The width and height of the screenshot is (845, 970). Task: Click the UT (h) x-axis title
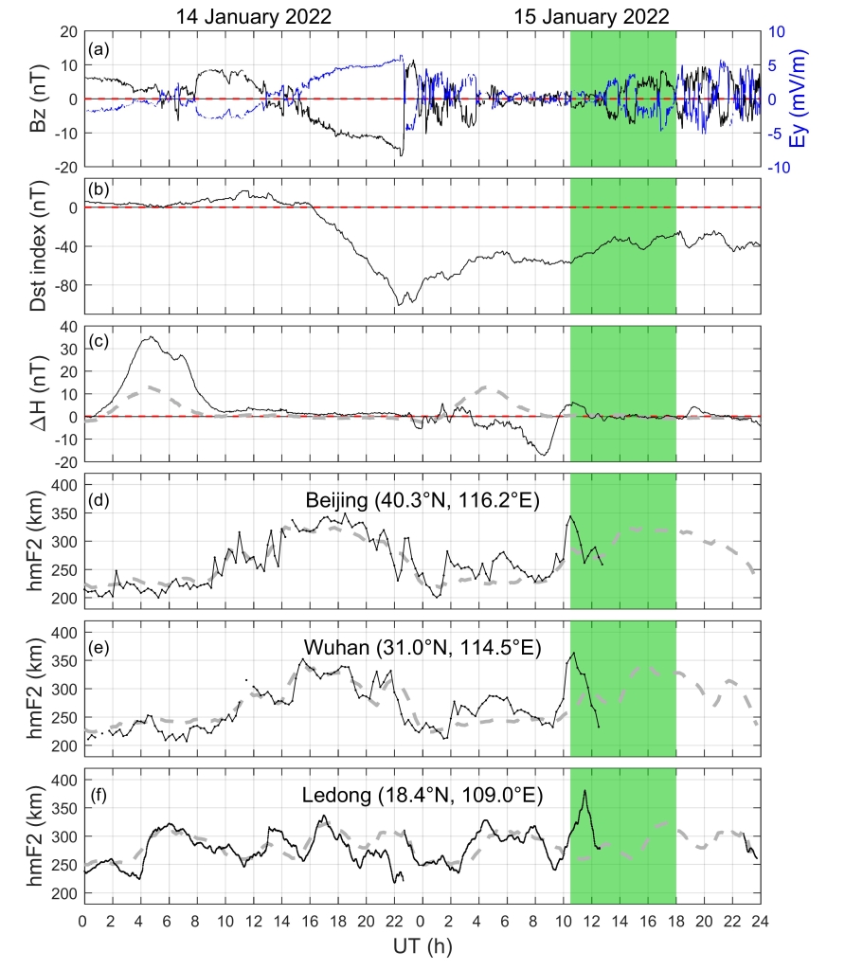pyautogui.click(x=422, y=951)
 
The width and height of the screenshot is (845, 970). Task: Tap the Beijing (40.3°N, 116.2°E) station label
pyautogui.click(x=422, y=499)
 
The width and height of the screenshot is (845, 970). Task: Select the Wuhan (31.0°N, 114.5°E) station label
pyautogui.click(x=422, y=647)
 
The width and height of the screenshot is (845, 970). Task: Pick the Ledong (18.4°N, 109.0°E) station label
pyautogui.click(x=422, y=795)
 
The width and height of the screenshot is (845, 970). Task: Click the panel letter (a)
pyautogui.click(x=98, y=45)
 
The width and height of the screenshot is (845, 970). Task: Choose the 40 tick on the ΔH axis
pyautogui.click(x=67, y=326)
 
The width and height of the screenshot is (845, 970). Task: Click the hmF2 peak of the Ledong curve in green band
pyautogui.click(x=584, y=790)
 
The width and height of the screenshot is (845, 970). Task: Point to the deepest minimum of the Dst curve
pyautogui.click(x=402, y=303)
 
